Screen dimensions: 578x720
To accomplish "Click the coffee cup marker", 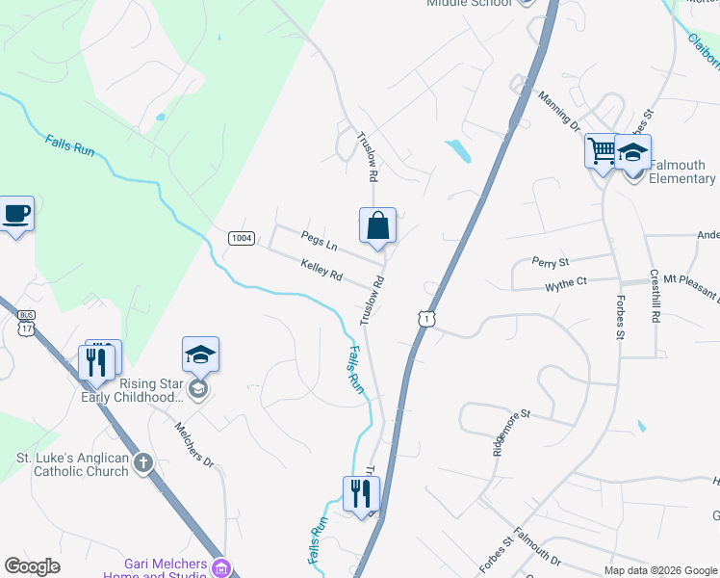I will point(16,213).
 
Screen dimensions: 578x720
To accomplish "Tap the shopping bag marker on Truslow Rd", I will point(378,226).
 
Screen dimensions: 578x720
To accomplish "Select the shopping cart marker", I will point(602,151).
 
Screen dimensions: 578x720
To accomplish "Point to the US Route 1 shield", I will point(424,318).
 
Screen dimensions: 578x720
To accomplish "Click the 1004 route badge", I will point(241,238).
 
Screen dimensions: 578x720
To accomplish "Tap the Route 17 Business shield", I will point(27,324).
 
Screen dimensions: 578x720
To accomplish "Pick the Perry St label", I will point(552,261).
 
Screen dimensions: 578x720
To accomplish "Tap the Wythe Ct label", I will point(566,284).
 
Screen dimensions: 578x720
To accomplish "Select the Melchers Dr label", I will point(193,444).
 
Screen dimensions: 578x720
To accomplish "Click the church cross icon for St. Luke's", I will point(142,463).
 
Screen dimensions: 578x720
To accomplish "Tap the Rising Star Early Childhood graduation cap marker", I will point(200,355).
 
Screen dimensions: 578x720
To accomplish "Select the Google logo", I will point(32,566).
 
